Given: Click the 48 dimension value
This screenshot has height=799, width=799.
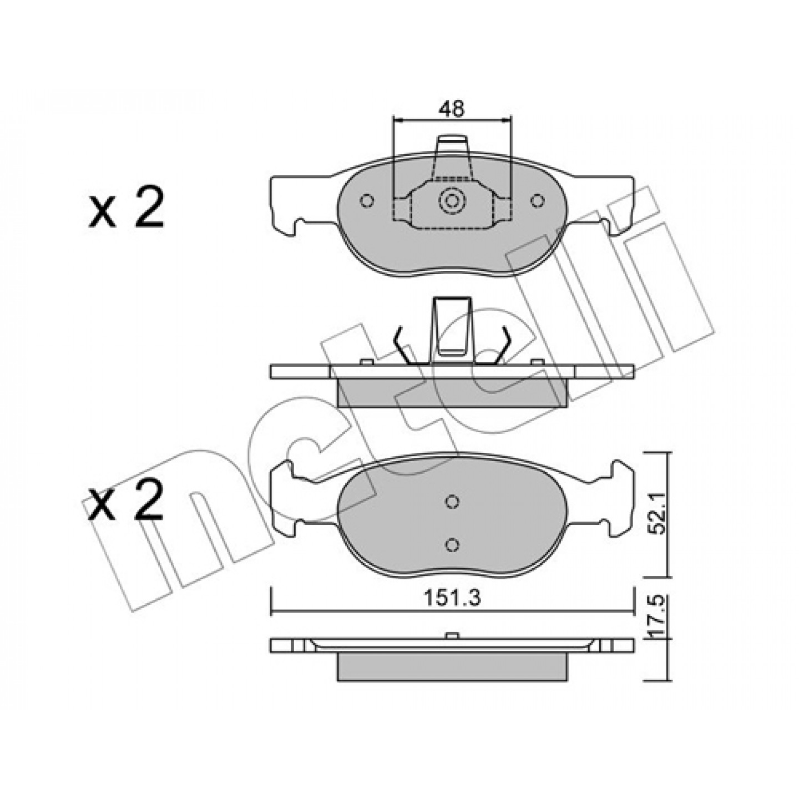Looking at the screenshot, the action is pyautogui.click(x=452, y=109).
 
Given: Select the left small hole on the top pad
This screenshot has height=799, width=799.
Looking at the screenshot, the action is pyautogui.click(x=367, y=201).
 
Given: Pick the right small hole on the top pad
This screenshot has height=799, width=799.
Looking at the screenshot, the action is pyautogui.click(x=537, y=201).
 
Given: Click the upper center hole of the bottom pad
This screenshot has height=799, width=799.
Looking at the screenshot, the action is pyautogui.click(x=452, y=502).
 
